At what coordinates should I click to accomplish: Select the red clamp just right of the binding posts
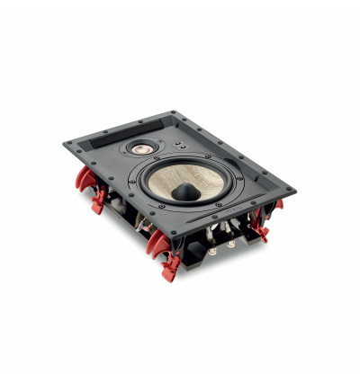coord(261,222)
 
